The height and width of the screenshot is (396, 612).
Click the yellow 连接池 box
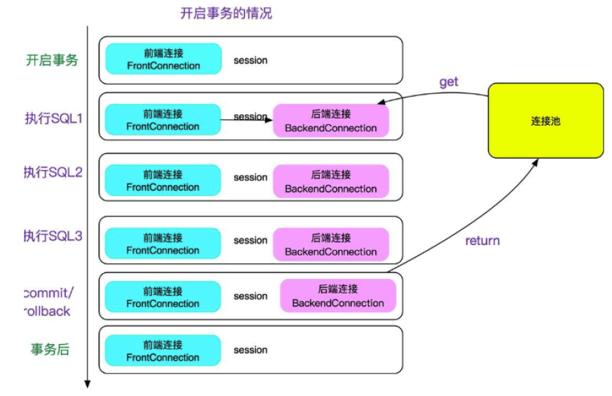coord(545,121)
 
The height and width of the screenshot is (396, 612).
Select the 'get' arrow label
coord(449,82)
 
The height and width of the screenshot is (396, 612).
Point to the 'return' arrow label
coord(482,241)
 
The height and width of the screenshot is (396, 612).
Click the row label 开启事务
coord(52,60)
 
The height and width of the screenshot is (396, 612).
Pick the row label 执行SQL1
coord(53,119)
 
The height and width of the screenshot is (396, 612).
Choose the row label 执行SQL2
coord(53,173)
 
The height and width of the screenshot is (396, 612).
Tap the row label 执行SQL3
coord(53,236)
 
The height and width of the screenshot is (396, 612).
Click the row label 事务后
coord(50,349)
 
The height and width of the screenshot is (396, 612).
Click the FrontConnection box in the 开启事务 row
coord(163,60)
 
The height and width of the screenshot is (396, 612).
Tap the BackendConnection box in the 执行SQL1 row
coord(330,121)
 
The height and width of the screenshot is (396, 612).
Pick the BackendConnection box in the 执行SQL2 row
coord(330,181)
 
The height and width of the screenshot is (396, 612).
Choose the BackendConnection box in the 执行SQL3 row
coord(330,244)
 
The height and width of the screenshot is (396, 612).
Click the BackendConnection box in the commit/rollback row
coord(338,296)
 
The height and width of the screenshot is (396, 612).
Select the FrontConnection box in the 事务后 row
coord(163,351)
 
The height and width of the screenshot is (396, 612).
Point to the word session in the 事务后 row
coord(250,350)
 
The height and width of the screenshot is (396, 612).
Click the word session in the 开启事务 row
coord(250,60)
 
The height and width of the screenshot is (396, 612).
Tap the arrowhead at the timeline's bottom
coord(88,383)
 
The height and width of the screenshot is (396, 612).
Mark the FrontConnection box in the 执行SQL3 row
coord(163,244)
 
